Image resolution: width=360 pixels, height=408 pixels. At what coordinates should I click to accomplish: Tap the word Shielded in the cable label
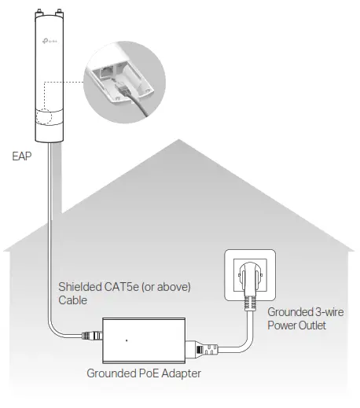[x=80, y=286]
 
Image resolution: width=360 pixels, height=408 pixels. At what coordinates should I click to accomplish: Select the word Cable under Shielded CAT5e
[x=73, y=300]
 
